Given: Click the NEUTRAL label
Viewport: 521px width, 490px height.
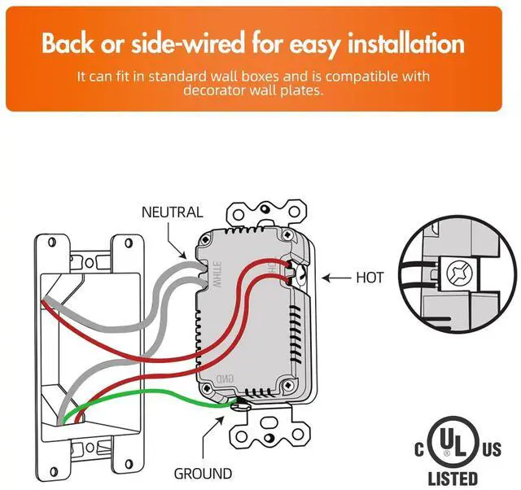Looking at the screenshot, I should [x=172, y=212].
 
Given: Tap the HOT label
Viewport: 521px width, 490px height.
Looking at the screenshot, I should [x=370, y=278].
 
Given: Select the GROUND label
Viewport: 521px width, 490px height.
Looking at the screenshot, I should [x=203, y=473].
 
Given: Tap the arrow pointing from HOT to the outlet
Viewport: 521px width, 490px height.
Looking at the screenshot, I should [x=335, y=278].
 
